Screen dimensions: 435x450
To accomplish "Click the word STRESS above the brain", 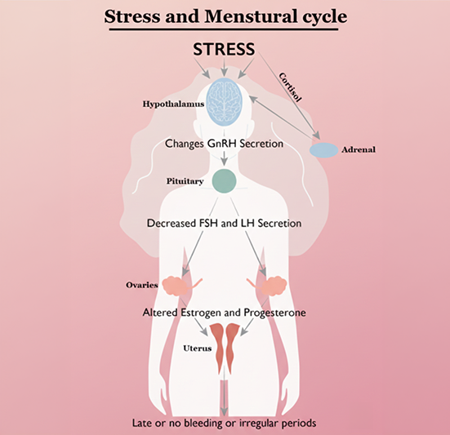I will point(225,49).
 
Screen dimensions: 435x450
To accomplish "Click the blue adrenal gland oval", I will point(323,150).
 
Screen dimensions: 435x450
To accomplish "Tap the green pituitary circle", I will point(225,181).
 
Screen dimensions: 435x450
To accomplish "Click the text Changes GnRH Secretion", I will point(225,144).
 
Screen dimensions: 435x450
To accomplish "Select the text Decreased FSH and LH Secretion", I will point(225,222).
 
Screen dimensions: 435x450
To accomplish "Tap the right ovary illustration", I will point(273,285).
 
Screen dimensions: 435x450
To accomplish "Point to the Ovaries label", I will point(142,285).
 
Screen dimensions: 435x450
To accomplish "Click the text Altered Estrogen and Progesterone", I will point(225,313).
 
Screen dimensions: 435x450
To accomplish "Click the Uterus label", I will point(196,348).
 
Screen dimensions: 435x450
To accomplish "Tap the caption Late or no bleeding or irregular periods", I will point(225,424).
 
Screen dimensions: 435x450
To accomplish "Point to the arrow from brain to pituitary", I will point(225,159).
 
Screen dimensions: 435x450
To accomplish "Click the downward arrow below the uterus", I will point(225,396).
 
